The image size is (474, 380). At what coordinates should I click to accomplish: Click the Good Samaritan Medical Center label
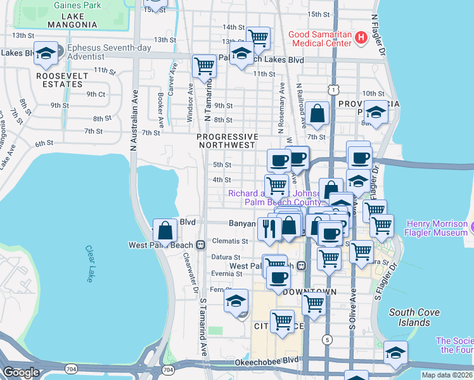[x=319, y=39]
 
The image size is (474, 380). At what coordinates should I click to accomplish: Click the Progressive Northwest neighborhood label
[x=227, y=141]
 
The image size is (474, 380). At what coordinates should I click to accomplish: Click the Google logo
[x=21, y=372]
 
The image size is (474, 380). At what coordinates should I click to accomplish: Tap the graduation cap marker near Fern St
[x=236, y=300]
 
